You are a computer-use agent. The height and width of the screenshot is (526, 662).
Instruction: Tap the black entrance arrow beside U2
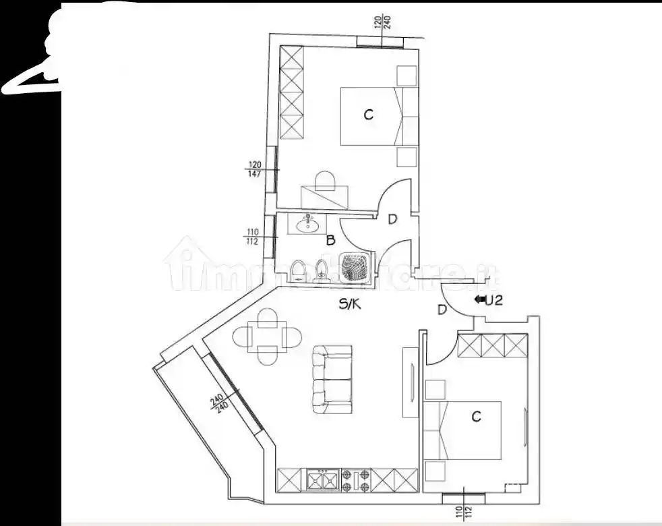(x=481, y=301)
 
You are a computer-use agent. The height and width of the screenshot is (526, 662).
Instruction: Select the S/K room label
(x=350, y=304)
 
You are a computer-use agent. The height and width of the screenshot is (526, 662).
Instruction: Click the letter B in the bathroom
(x=330, y=240)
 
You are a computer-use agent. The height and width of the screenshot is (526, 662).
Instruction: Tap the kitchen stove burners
(x=355, y=480)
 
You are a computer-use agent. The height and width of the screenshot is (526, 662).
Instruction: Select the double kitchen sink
(x=323, y=480)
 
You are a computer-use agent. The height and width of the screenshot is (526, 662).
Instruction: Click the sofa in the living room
(x=332, y=379)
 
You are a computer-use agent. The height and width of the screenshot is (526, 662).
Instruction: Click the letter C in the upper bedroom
(x=368, y=115)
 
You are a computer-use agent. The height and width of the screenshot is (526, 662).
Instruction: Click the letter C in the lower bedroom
(x=476, y=417)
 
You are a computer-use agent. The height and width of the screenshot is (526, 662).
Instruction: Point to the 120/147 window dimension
(x=255, y=169)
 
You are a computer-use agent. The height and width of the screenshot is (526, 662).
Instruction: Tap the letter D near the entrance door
(x=442, y=310)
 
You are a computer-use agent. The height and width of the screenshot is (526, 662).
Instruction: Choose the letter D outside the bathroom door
(x=392, y=218)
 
